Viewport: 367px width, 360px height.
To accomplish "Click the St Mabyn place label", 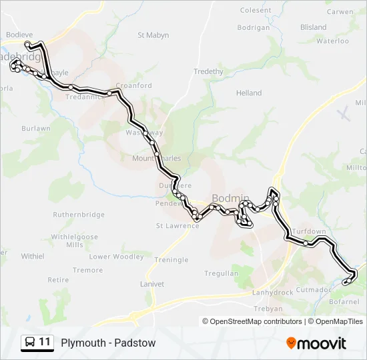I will [x=153, y=35].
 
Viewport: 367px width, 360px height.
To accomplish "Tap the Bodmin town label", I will [x=230, y=198].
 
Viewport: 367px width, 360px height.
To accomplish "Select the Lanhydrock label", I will [x=274, y=293].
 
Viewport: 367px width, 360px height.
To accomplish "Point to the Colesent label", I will [x=256, y=10].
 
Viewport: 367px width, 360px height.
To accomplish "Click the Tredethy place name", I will [x=208, y=71].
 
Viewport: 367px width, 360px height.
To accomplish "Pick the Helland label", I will [x=249, y=93].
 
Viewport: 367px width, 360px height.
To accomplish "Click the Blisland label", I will [x=314, y=27].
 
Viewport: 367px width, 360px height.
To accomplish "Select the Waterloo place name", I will [x=332, y=41].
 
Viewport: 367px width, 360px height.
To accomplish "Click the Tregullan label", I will [x=221, y=273].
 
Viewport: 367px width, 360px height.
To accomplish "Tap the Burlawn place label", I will [x=36, y=128].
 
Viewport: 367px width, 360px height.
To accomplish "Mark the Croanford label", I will [x=134, y=85].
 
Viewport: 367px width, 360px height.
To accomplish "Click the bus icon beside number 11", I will [x=29, y=343].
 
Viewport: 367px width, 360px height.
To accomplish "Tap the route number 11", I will [x=45, y=343].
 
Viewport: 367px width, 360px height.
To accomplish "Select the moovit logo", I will [x=316, y=343].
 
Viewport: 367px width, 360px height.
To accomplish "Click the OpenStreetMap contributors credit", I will [x=253, y=321].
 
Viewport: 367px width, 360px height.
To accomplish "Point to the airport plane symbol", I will [x=344, y=114].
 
